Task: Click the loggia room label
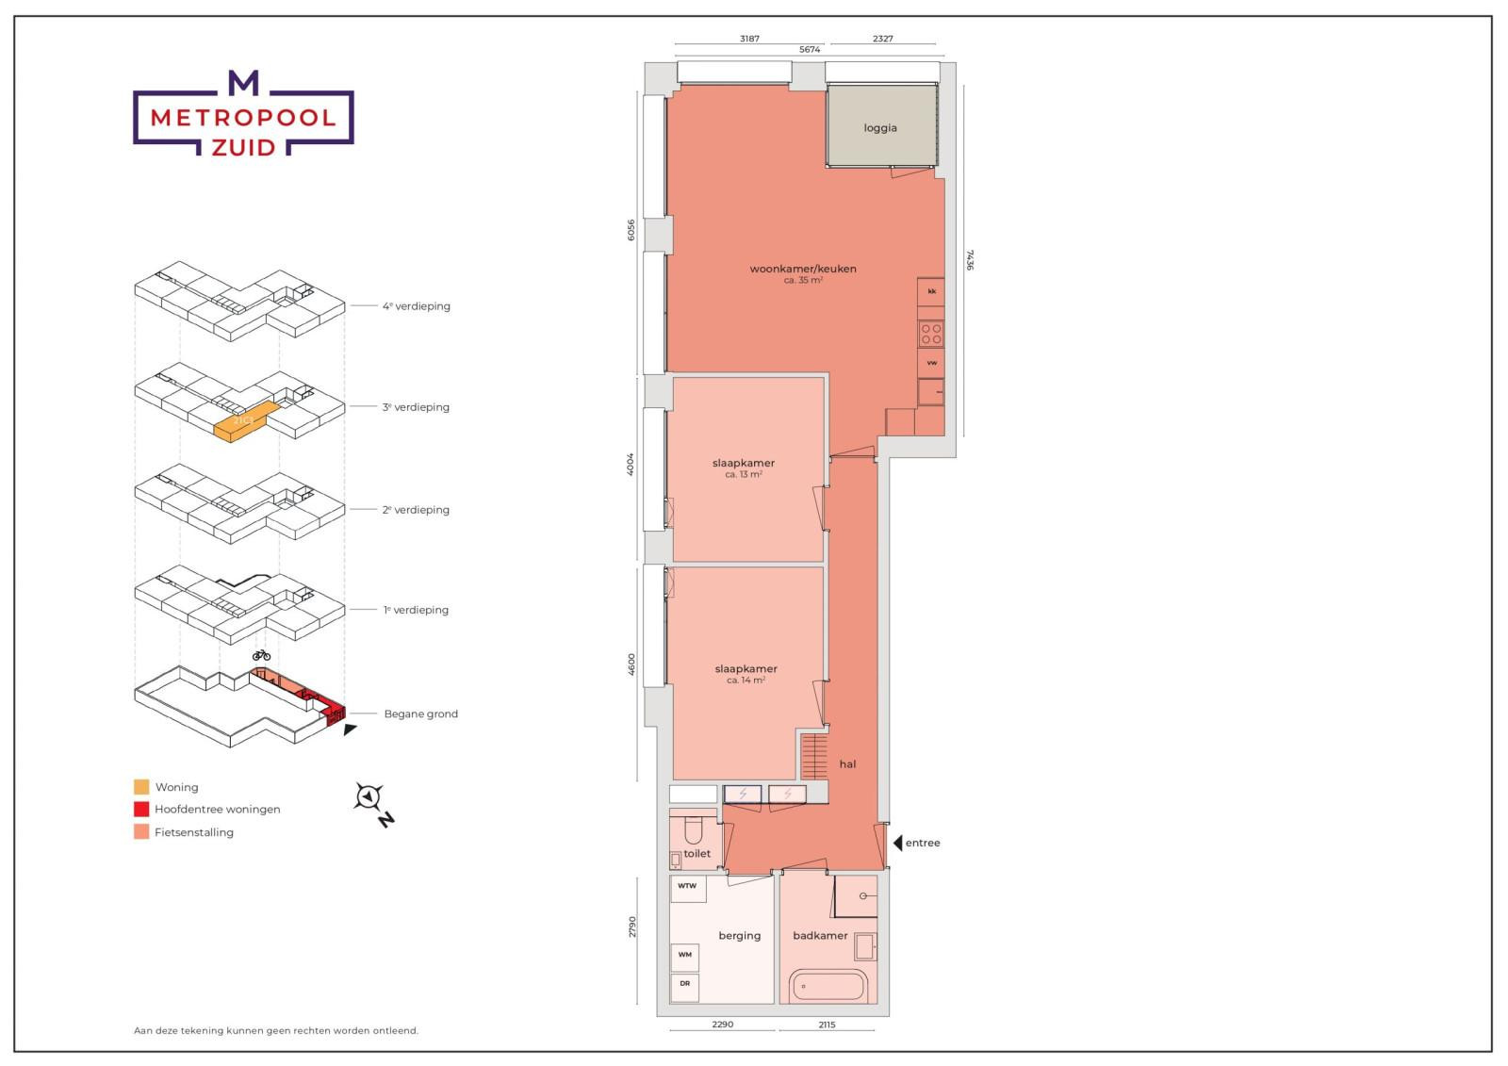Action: (x=880, y=128)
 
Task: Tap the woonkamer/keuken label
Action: (x=803, y=269)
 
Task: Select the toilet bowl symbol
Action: (x=693, y=830)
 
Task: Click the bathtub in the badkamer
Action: (x=828, y=988)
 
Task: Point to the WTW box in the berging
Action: (x=687, y=887)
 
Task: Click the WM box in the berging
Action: (x=685, y=955)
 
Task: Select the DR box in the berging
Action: (x=685, y=984)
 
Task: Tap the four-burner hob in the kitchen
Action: (x=931, y=333)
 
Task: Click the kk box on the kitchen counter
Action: (x=932, y=291)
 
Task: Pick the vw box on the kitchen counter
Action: (x=931, y=363)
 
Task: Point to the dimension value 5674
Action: (x=810, y=49)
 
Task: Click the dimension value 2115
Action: (x=826, y=1025)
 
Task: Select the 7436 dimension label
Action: (x=969, y=259)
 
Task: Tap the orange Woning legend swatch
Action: (x=141, y=787)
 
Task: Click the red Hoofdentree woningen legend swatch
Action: (x=141, y=810)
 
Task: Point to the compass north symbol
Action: (x=368, y=798)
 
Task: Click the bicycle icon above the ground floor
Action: (x=261, y=654)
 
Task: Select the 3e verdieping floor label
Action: (x=416, y=408)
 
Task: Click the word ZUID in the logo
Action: (x=244, y=147)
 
